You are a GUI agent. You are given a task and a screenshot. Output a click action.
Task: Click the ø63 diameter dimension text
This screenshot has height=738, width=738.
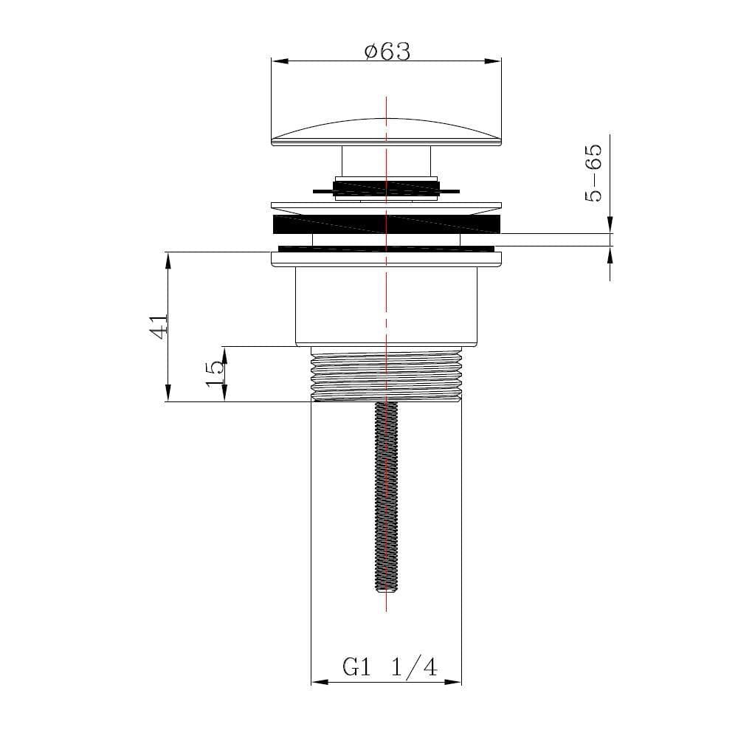coord(387,52)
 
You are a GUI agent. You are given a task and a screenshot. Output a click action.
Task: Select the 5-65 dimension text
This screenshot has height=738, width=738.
coord(593,173)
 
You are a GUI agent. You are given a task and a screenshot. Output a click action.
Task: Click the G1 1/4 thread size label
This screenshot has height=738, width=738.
coord(390,668)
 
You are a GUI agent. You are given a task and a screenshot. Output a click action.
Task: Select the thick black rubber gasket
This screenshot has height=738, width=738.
coord(386,224)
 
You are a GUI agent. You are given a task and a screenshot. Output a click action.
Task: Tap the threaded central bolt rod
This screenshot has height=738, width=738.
coord(386,494)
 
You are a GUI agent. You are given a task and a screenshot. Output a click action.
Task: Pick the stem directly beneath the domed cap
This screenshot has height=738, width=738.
coord(386,159)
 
